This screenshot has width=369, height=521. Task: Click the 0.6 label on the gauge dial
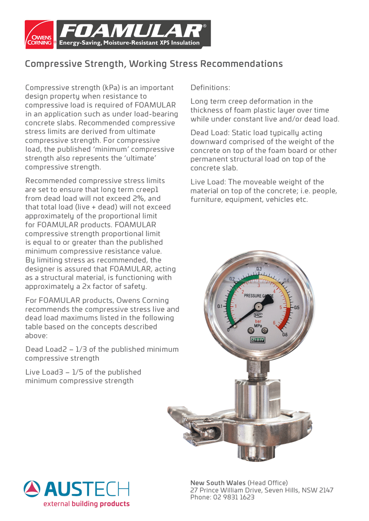coord(285,334)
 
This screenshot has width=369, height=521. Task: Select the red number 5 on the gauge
coord(281,307)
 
